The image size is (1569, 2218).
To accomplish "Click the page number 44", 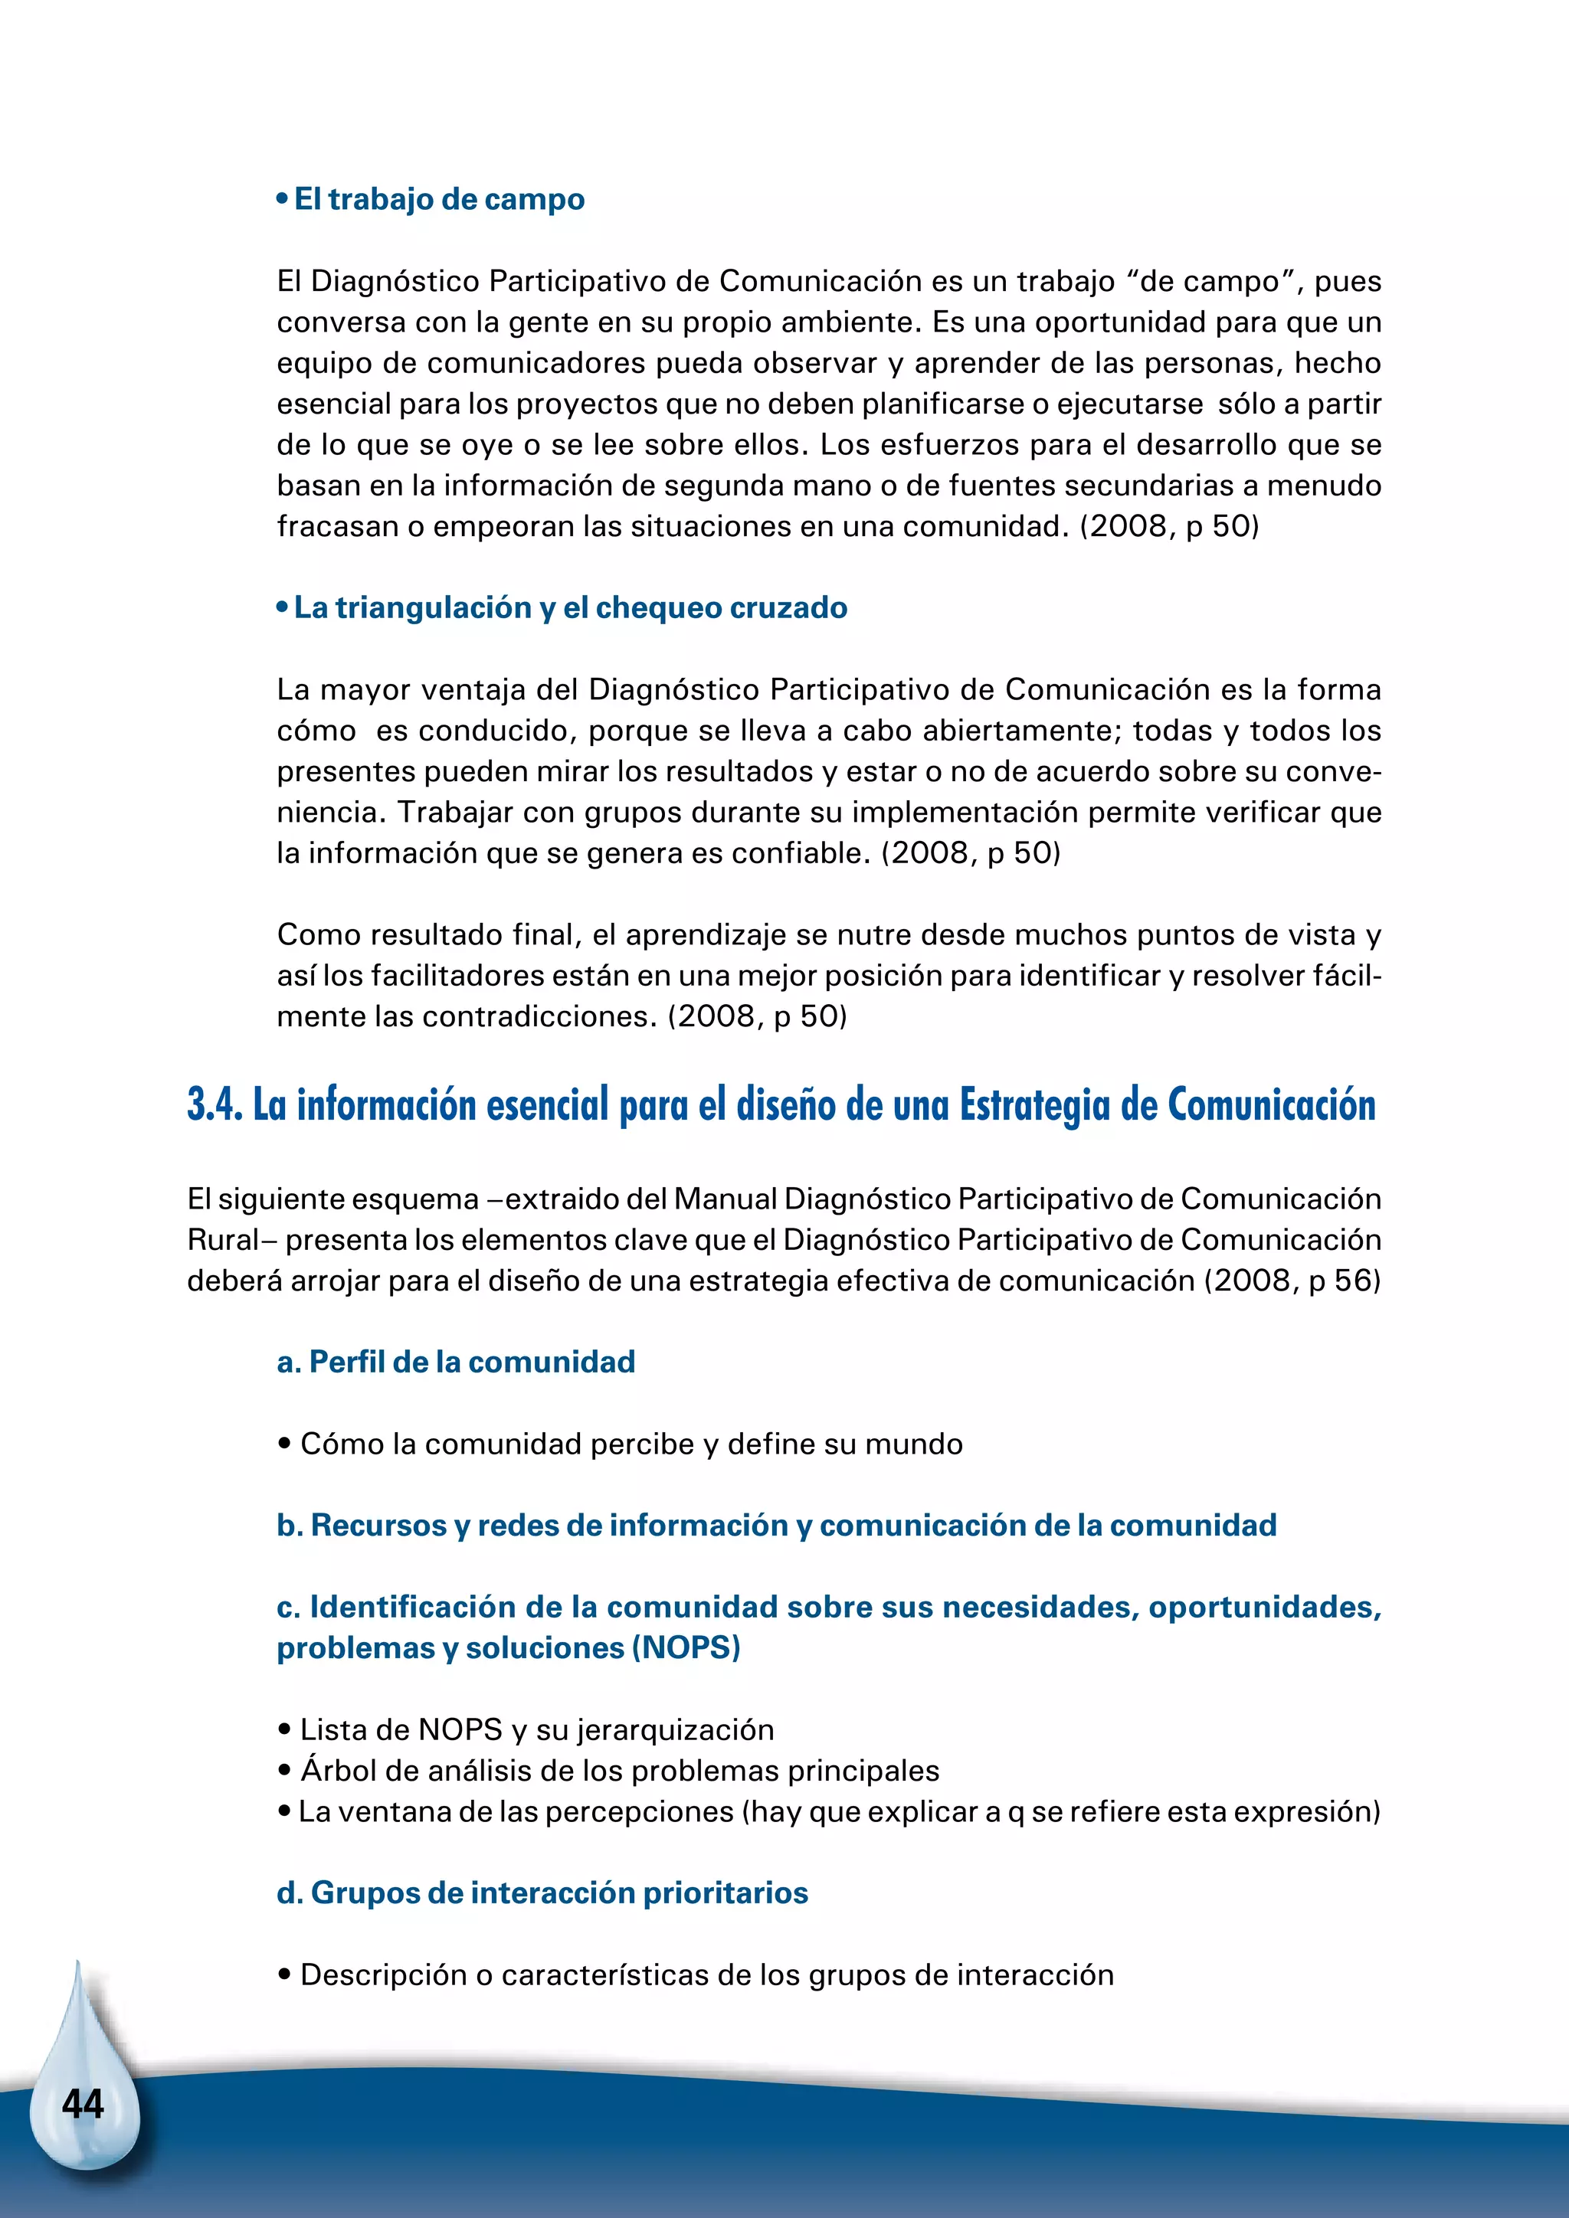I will pyautogui.click(x=83, y=2104).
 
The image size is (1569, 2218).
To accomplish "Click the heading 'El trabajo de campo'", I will pyautogui.click(x=439, y=199).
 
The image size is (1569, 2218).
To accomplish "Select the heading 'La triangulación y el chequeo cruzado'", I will pyautogui.click(x=570, y=607).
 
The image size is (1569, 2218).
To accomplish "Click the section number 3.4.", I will pyautogui.click(x=215, y=1105).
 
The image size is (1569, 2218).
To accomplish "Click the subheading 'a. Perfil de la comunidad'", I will pyautogui.click(x=456, y=1362).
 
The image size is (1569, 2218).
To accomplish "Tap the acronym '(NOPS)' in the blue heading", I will pyautogui.click(x=686, y=1648).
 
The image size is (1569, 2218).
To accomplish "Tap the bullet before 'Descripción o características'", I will pyautogui.click(x=284, y=1974).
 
